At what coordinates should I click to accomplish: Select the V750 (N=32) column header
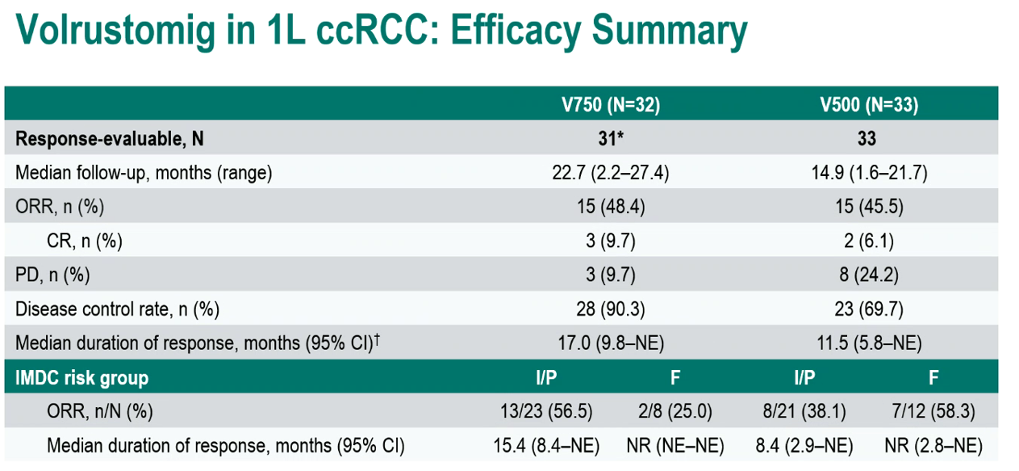611,104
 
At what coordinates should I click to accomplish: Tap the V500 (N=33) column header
869,104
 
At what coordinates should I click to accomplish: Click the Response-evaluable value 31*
611,138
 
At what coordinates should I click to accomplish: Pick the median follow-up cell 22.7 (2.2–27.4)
611,173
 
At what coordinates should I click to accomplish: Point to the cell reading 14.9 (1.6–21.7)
869,173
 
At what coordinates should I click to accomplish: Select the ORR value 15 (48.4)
611,206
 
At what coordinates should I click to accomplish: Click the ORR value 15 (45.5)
869,206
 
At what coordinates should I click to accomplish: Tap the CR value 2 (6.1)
869,241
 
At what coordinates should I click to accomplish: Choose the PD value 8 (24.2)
869,275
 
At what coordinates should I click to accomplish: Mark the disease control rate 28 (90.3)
611,309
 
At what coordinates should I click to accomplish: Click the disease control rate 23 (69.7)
869,309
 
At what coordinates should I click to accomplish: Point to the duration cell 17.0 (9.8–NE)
611,343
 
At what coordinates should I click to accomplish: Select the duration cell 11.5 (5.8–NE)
869,343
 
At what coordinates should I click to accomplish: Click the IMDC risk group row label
81,378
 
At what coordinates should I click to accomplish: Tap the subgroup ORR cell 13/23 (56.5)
546,411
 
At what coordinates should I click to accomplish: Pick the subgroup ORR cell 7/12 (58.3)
933,411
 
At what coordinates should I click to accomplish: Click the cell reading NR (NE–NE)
675,445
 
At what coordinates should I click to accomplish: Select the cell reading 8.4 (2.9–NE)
804,445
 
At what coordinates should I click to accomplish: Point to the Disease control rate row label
117,309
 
